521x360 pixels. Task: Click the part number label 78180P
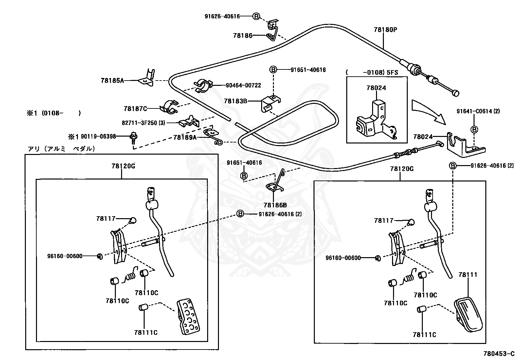pyautogui.click(x=386, y=29)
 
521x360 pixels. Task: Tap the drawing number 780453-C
pyautogui.click(x=499, y=354)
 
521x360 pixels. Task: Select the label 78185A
pyautogui.click(x=112, y=81)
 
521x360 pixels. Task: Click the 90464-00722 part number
pyautogui.click(x=243, y=85)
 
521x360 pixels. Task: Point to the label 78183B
pyautogui.click(x=236, y=101)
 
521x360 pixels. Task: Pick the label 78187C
pyautogui.click(x=135, y=108)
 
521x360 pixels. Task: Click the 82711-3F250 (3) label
pyautogui.click(x=144, y=123)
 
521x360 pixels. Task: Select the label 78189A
pyautogui.click(x=185, y=137)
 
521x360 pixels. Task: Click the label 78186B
pyautogui.click(x=275, y=205)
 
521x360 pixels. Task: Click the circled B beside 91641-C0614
pyautogui.click(x=474, y=129)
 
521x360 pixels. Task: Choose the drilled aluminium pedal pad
pyautogui.click(x=188, y=317)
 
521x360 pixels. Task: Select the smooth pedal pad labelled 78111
pyautogui.click(x=468, y=314)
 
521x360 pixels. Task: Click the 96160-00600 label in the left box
pyautogui.click(x=65, y=256)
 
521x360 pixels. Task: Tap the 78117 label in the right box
pyautogui.click(x=384, y=220)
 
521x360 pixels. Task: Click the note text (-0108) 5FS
pyautogui.click(x=372, y=72)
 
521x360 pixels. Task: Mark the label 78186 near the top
pyautogui.click(x=243, y=35)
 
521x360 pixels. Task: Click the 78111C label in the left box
pyautogui.click(x=146, y=332)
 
